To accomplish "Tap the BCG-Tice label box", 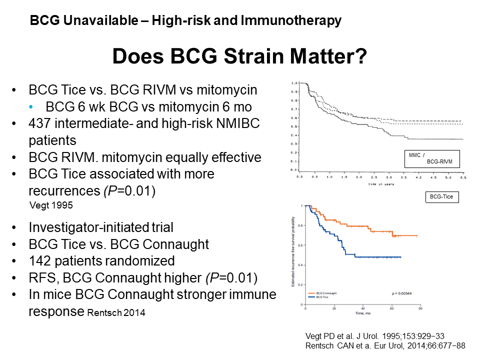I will click(x=441, y=197).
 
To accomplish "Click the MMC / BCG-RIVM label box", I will click(x=431, y=158).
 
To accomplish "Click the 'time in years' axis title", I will click(x=381, y=184).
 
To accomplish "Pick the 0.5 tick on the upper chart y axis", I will click(x=294, y=126).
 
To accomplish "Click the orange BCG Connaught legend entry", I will click(x=322, y=293).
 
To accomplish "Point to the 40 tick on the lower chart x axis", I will click(x=362, y=308).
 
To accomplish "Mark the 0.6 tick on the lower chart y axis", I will click(x=299, y=245).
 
